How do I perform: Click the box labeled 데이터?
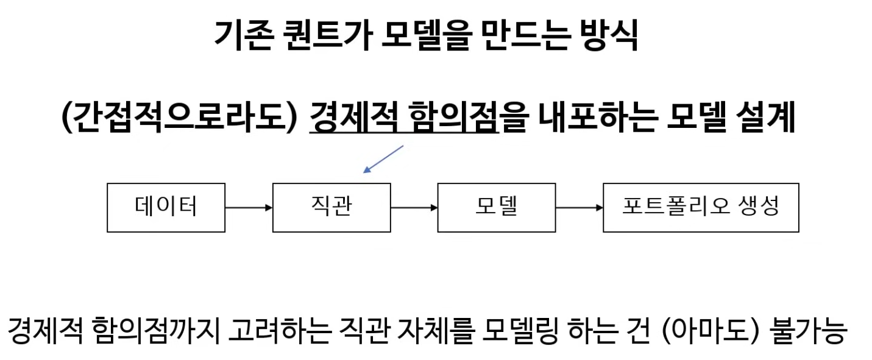click(166, 207)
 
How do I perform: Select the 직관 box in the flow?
click(331, 207)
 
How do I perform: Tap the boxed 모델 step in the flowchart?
click(496, 207)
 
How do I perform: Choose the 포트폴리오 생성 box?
click(701, 207)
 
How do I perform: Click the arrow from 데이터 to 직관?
click(249, 208)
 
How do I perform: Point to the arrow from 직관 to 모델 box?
click(414, 208)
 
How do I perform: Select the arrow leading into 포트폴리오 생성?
click(579, 208)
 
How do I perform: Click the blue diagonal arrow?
click(383, 159)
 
